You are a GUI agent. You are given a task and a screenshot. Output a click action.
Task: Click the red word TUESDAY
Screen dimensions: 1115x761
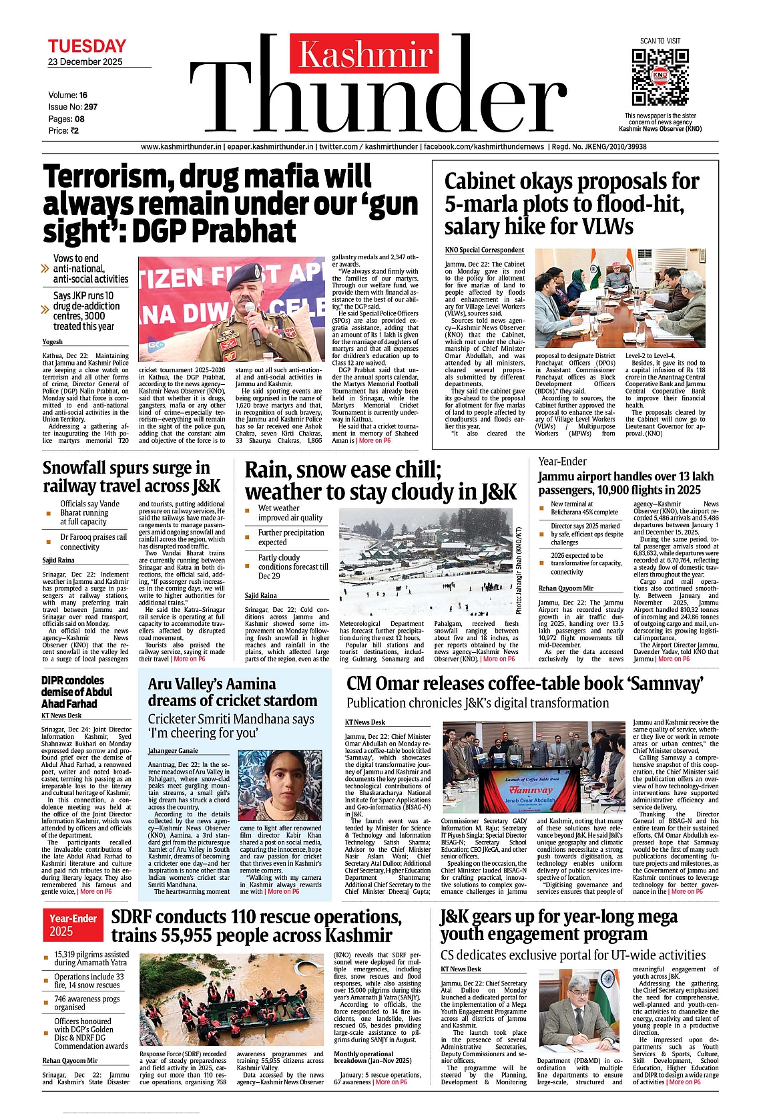87,46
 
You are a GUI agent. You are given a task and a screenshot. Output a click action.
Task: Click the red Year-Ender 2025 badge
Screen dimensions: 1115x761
73,925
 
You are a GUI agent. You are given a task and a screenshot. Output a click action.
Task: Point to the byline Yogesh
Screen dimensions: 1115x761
52,341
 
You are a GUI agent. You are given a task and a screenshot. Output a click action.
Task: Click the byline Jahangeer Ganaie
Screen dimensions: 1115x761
173,751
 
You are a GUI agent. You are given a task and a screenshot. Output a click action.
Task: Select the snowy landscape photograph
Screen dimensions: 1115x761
426,563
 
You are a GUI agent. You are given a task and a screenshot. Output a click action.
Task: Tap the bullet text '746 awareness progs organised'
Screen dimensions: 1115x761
87,1003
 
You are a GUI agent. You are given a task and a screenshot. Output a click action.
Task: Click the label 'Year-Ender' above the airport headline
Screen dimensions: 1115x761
562,461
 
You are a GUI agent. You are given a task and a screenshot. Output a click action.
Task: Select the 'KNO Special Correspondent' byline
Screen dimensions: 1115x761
484,250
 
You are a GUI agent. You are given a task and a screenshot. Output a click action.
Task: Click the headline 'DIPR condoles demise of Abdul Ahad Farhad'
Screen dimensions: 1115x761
77,691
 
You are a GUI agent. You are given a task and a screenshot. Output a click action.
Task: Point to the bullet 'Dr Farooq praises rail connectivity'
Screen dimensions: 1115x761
93,541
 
